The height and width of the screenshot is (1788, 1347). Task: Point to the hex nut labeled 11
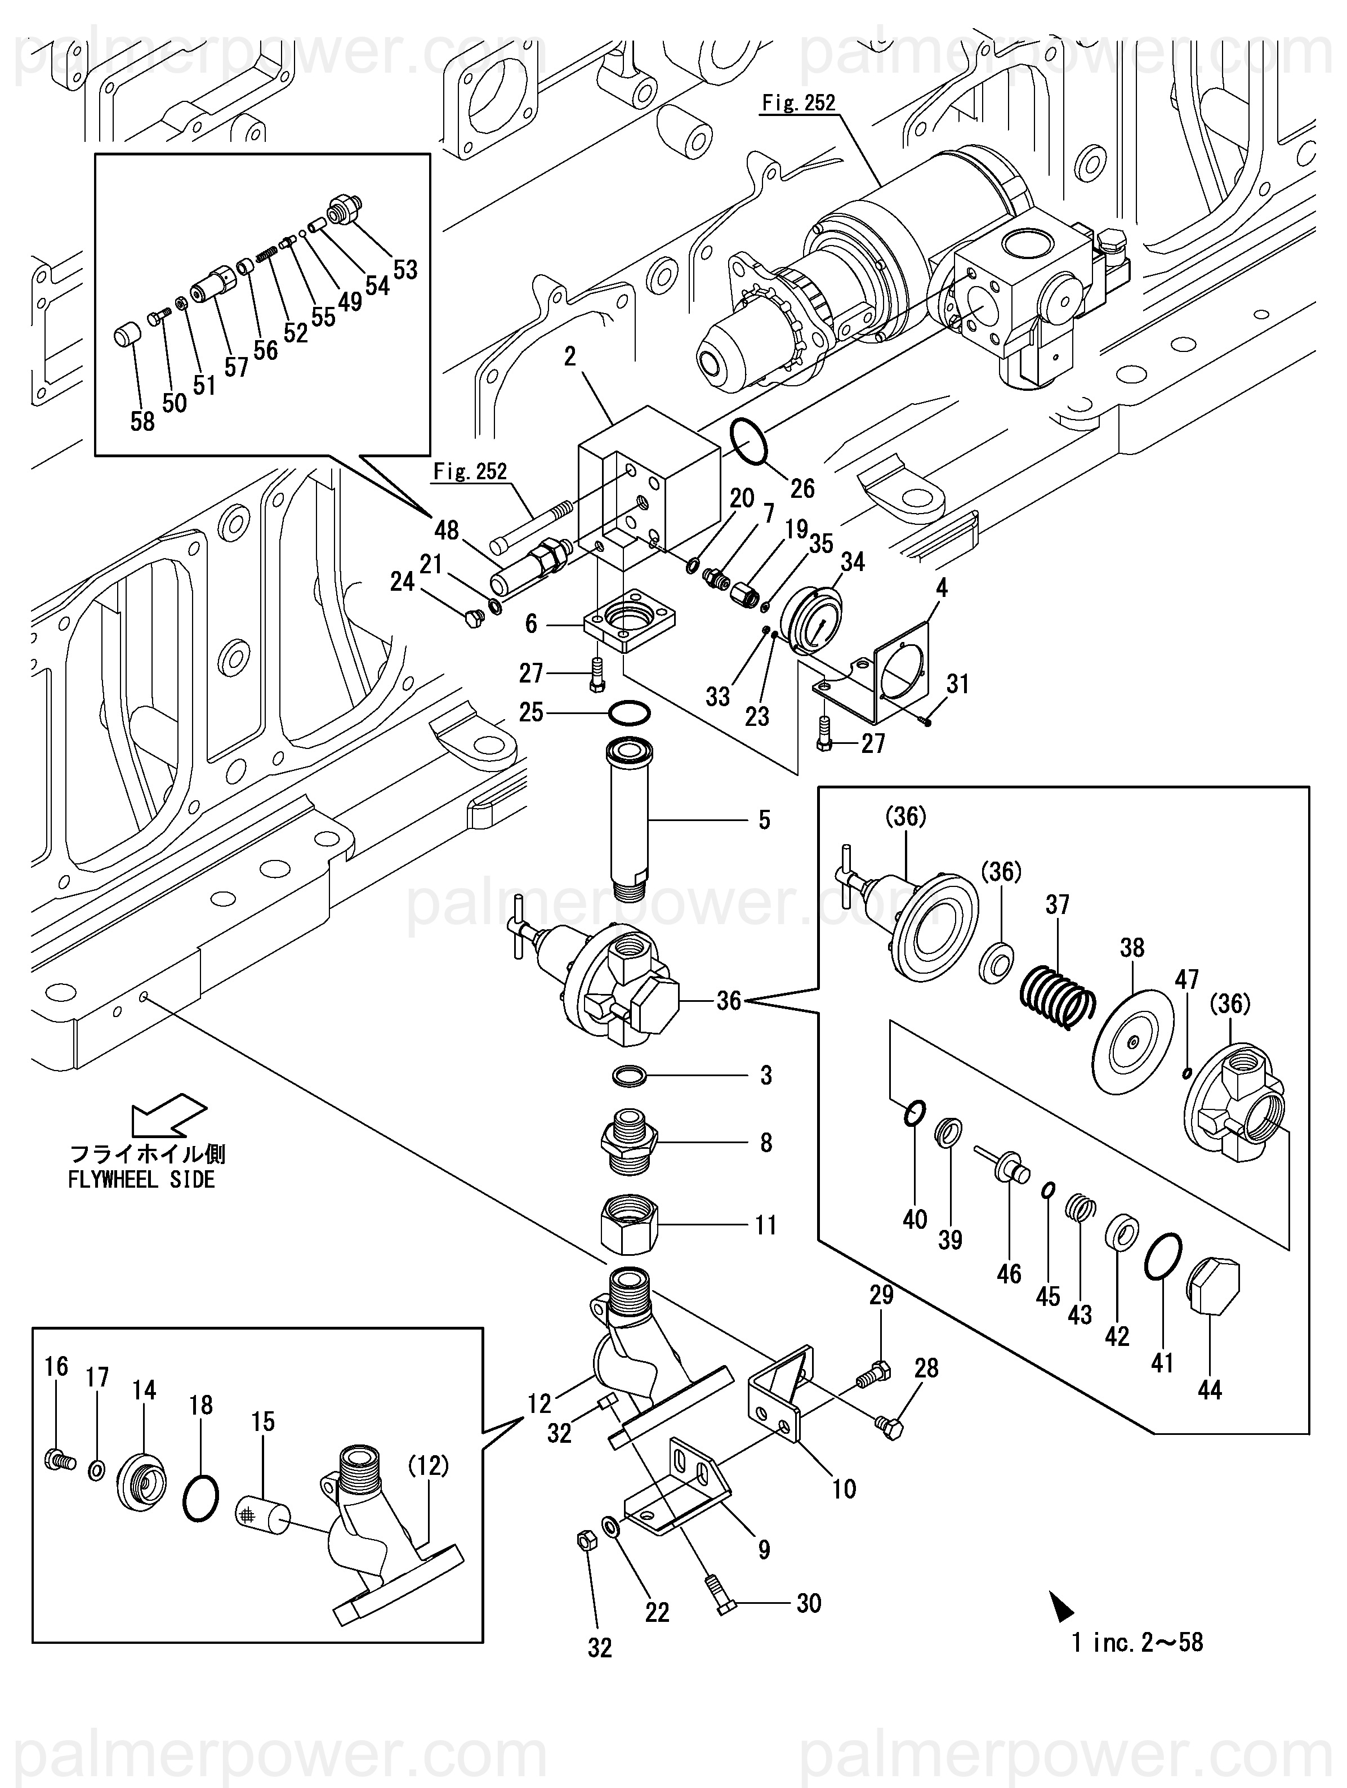point(630,1225)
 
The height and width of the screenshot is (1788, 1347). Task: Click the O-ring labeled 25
point(629,713)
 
